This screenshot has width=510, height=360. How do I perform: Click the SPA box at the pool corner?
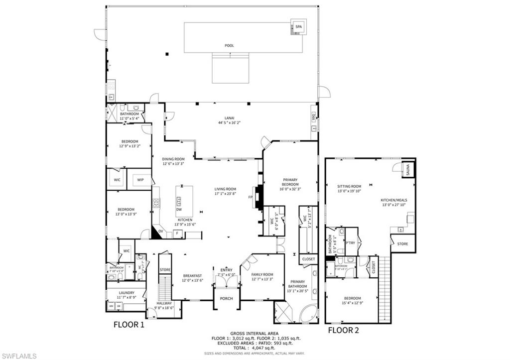point(298,27)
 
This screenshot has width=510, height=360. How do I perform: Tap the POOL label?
point(229,46)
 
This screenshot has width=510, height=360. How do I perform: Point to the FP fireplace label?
point(251,197)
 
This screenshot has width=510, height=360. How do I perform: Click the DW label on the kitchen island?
point(179,210)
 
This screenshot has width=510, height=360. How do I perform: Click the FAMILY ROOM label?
point(262,274)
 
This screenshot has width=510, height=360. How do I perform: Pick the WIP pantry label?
point(140,180)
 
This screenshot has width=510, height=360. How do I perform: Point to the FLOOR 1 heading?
point(128,325)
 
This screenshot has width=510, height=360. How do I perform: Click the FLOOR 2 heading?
point(343,330)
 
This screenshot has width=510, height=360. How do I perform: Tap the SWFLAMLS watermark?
point(19,355)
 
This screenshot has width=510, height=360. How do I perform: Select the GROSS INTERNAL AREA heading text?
point(254,334)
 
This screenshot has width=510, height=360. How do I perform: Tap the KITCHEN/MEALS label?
point(393,200)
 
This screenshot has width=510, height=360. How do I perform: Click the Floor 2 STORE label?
point(402,244)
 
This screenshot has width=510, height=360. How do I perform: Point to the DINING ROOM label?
point(173,159)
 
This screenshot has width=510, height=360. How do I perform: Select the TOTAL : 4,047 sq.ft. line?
point(254,348)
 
